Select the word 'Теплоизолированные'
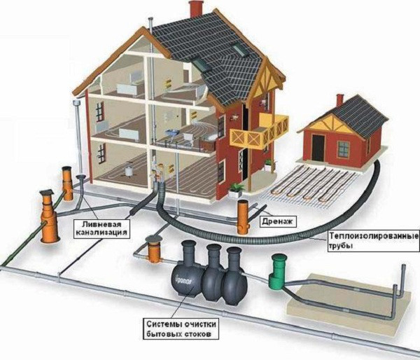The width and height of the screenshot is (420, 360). pos(374,237)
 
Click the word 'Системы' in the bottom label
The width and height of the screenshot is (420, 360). pos(163,324)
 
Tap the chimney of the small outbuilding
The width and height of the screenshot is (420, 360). pos(339,100)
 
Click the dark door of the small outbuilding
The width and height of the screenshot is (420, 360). pos(318,148)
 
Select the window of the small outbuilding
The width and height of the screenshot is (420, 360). pos(344,150)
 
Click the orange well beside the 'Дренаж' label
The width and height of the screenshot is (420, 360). pos(243,217)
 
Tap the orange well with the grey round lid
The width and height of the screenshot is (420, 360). pos(154,249)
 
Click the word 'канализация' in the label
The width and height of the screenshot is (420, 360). pos(101,232)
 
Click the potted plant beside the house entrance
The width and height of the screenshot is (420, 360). pos(236,188)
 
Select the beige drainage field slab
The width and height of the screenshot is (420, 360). pos(349,303)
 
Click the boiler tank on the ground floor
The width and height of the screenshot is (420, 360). pos(129,170)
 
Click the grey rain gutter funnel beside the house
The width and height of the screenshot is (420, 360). pos(77,102)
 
